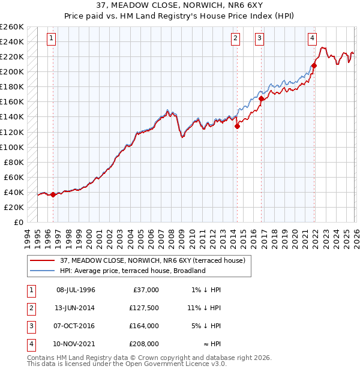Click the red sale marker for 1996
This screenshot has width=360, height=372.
click(x=53, y=194)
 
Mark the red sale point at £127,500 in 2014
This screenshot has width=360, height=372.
click(x=237, y=126)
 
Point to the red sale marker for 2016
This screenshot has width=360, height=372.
click(x=261, y=98)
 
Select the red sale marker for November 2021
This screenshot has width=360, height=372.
click(x=314, y=65)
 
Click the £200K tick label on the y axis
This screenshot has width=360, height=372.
click(x=12, y=71)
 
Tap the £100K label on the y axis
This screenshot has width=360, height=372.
click(x=12, y=147)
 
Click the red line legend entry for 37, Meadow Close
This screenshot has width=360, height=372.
click(x=152, y=260)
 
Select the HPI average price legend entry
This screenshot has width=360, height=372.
click(x=133, y=271)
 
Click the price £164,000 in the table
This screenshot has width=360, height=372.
click(x=144, y=326)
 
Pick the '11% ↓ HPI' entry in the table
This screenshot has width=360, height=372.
click(x=203, y=308)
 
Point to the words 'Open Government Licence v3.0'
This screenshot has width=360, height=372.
click(x=177, y=364)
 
